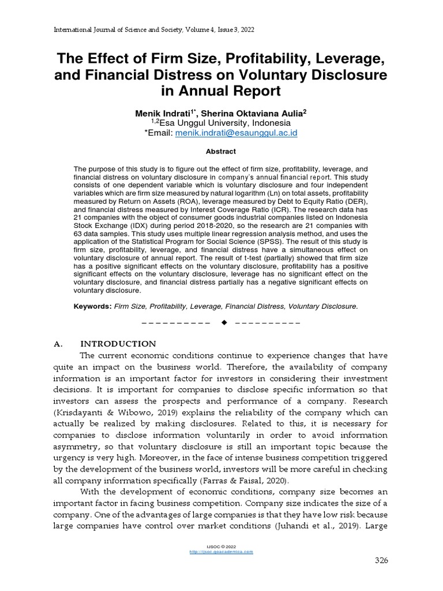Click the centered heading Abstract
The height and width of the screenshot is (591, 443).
click(221, 151)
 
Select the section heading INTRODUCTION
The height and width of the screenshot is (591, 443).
click(118, 343)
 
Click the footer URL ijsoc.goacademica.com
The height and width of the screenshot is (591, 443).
click(221, 552)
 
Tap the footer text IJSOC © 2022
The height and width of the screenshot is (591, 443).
click(221, 546)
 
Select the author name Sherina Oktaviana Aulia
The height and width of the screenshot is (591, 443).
click(253, 113)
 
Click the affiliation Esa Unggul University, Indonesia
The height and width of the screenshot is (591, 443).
click(225, 123)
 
